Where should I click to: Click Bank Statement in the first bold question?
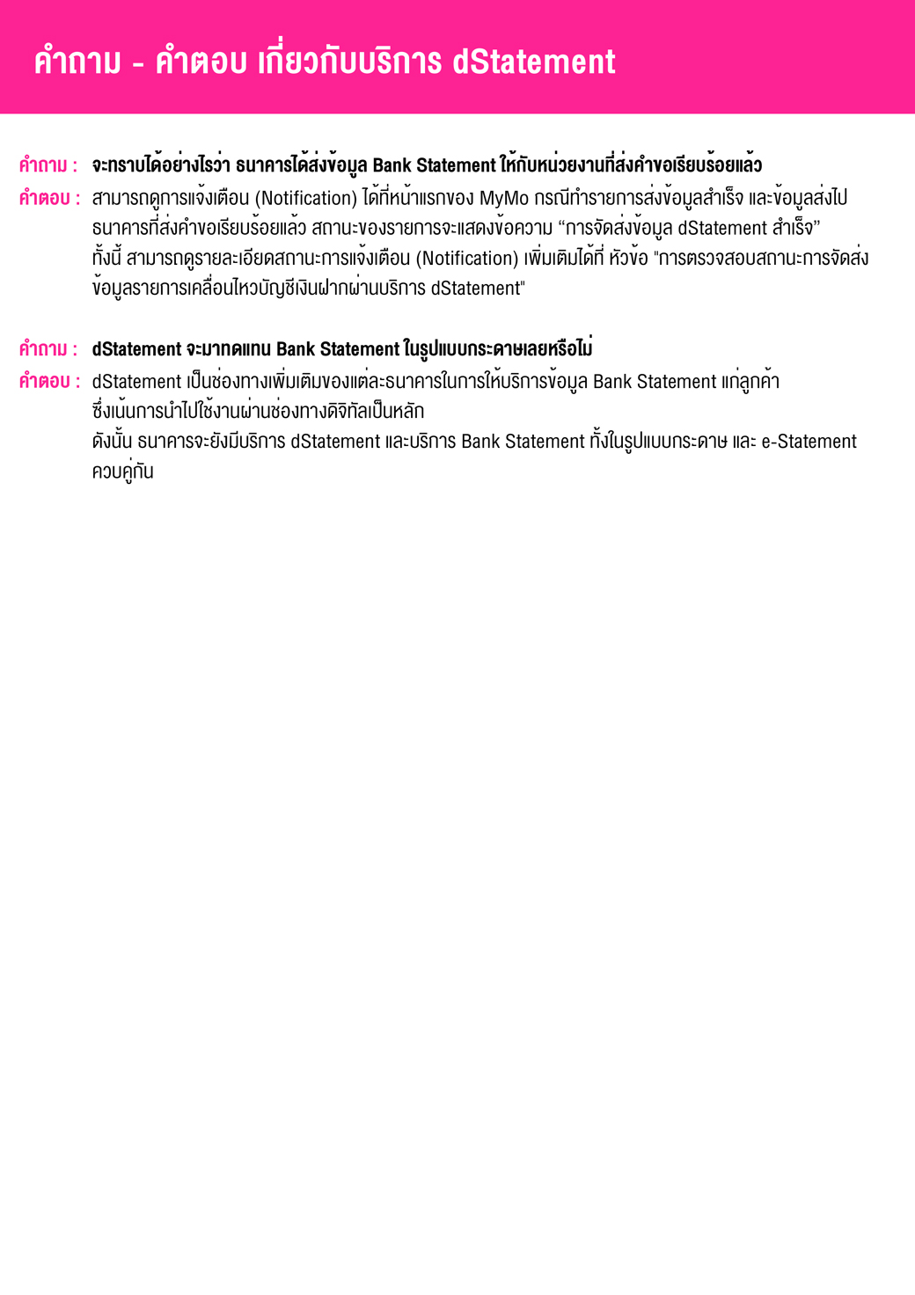(434, 165)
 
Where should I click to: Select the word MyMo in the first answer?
(503, 199)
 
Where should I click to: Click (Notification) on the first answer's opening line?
(305, 199)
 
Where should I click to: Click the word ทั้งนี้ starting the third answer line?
(106, 259)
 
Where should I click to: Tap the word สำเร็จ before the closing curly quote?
(793, 229)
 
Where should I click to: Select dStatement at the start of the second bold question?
(136, 349)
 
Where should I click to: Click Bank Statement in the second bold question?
(338, 349)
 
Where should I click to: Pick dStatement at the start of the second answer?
(136, 382)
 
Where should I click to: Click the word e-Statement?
(809, 442)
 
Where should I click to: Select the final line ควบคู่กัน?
(122, 472)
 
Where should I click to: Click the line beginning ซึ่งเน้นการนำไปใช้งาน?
(258, 412)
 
